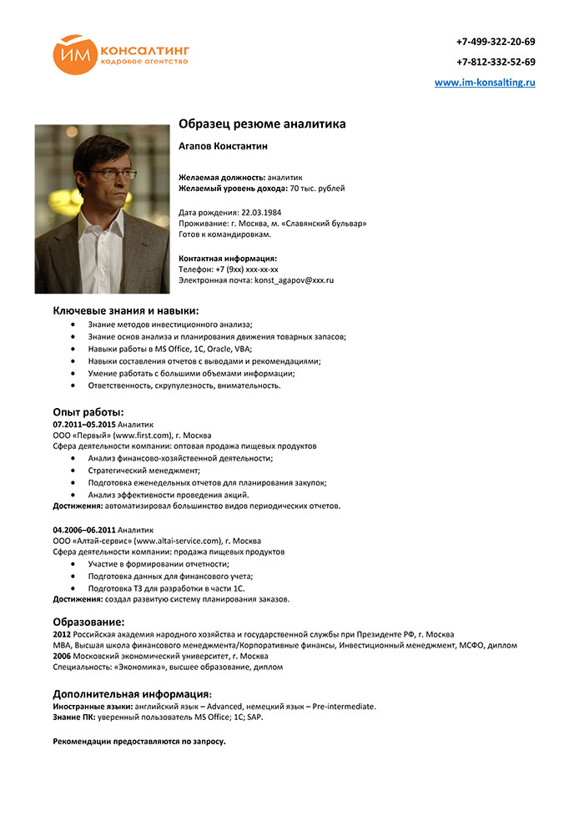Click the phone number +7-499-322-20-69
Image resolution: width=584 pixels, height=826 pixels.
click(x=496, y=42)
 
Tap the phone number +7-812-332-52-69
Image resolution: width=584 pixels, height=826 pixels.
click(x=496, y=62)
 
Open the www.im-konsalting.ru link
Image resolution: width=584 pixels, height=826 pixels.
click(x=485, y=83)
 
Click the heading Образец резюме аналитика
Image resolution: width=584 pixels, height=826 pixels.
click(x=262, y=124)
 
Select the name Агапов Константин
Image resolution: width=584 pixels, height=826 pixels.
click(x=223, y=146)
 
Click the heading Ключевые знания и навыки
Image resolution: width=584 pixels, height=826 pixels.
click(x=126, y=310)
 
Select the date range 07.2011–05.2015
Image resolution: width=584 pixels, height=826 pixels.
click(x=84, y=424)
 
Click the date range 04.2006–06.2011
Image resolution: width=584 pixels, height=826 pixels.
click(x=84, y=529)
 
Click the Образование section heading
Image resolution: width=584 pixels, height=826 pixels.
click(x=89, y=622)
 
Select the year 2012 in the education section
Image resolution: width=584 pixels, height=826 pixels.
click(x=63, y=634)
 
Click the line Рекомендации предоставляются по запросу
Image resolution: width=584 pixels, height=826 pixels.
click(x=139, y=741)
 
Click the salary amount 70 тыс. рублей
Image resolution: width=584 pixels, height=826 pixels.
click(x=317, y=189)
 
